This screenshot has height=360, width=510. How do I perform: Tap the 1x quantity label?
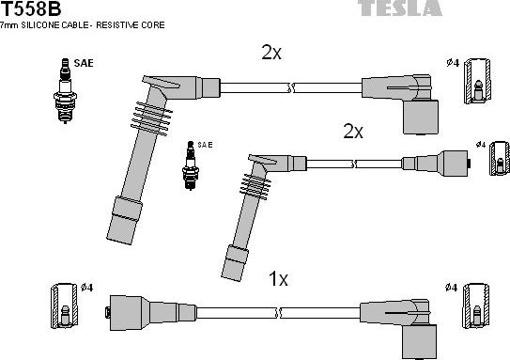pos(278,279)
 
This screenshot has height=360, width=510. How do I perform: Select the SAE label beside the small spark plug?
pos(206,145)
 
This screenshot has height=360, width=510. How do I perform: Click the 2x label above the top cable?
pos(271,53)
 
